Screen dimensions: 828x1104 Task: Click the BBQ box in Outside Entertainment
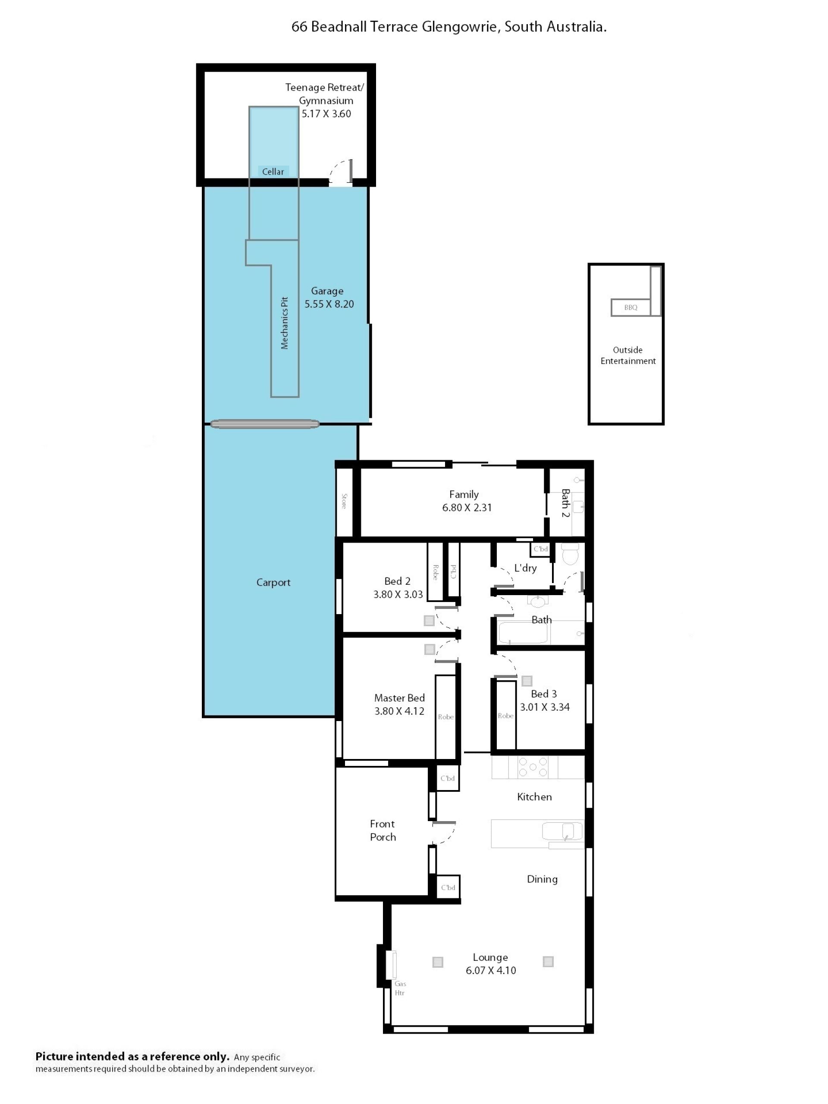click(630, 307)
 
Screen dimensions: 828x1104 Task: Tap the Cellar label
click(273, 172)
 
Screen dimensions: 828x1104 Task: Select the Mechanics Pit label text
click(285, 323)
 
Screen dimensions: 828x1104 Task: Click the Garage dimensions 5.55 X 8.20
click(329, 304)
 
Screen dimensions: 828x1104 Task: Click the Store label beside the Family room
click(344, 501)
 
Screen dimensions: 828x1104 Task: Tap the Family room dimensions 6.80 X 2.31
click(467, 508)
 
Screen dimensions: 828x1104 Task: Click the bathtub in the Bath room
click(523, 633)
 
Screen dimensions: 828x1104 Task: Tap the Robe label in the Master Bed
click(445, 717)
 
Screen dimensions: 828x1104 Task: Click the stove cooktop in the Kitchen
click(533, 767)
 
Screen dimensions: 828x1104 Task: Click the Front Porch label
click(383, 831)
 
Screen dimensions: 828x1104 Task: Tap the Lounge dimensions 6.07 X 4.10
click(491, 970)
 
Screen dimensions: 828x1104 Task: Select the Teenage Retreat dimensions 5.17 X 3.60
click(326, 114)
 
